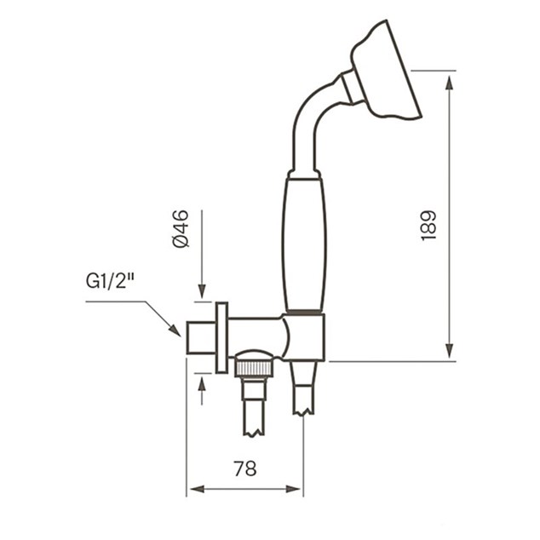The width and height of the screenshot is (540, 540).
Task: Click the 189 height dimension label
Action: (428, 226)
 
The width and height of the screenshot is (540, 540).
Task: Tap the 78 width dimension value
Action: (245, 468)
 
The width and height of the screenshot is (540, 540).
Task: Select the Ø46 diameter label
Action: (181, 228)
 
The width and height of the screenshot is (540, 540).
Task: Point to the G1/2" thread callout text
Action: (110, 281)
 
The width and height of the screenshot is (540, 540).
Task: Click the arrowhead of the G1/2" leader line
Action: (175, 330)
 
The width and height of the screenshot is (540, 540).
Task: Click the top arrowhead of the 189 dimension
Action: (449, 83)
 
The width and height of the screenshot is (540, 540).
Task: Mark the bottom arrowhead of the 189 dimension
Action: (449, 351)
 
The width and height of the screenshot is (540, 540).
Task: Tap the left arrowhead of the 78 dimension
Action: (198, 489)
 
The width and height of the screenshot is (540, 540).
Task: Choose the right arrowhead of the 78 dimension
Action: (293, 489)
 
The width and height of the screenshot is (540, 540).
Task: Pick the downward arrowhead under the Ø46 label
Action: (202, 291)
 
